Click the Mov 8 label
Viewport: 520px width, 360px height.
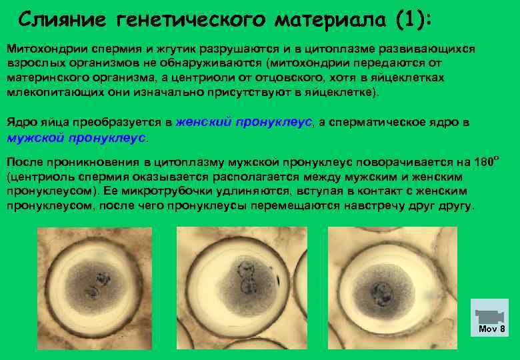[x=492, y=329]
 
